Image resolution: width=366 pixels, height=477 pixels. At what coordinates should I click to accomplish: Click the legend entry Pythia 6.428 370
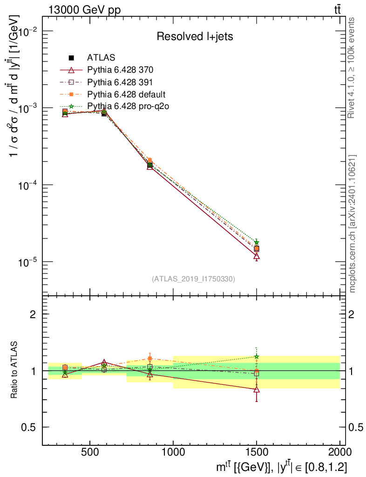pos(120,70)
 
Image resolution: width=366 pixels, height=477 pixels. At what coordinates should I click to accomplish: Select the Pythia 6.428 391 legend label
pos(120,82)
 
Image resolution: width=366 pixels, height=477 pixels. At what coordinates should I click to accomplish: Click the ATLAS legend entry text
pos(101,58)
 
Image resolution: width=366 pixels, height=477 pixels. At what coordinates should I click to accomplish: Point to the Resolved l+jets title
pos(195,36)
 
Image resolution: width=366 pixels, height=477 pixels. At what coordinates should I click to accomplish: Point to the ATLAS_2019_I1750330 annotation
pos(193,279)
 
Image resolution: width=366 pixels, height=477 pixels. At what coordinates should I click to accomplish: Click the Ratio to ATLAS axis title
pos(14,371)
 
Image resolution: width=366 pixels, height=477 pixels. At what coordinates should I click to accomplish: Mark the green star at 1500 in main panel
pos(257,242)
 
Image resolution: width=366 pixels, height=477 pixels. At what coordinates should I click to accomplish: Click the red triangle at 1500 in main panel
pos(257,256)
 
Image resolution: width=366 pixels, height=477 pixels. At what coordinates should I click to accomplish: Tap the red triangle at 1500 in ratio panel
pos(257,389)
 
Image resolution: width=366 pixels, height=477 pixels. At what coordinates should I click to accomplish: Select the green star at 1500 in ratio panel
pos(257,357)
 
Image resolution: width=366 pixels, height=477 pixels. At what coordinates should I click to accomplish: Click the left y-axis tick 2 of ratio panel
pos(33,314)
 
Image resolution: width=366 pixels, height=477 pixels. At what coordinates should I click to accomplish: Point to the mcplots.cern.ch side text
pos(353,224)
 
